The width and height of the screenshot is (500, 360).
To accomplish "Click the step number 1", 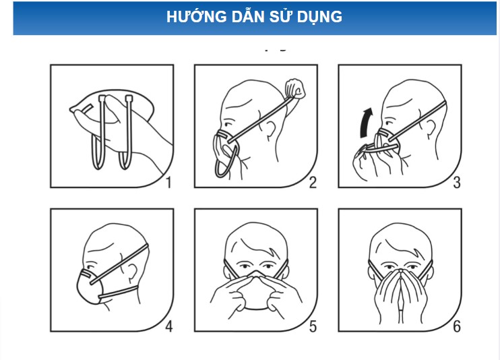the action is pos(168,183).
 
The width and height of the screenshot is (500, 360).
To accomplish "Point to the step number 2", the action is pos(313,183).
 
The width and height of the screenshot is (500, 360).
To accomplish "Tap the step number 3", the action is pos(457,183).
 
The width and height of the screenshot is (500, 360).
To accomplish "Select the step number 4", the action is pos(169,326).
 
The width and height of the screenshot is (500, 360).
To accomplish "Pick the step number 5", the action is pos(313,326).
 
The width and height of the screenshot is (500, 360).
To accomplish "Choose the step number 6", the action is pos(457,326).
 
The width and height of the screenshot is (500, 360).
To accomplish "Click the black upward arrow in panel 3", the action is pos(365,123).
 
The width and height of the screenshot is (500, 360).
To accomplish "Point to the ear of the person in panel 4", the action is pos(131,272).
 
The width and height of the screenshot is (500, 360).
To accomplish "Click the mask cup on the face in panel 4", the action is pos(90,287).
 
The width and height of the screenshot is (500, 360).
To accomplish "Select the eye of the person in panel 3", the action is pos(389,123).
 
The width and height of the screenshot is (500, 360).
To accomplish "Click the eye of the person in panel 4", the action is pos(90,266).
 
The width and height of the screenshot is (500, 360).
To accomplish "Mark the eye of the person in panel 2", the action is pos(228,124).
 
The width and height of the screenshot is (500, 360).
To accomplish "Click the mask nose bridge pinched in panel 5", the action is pos(256,274).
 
